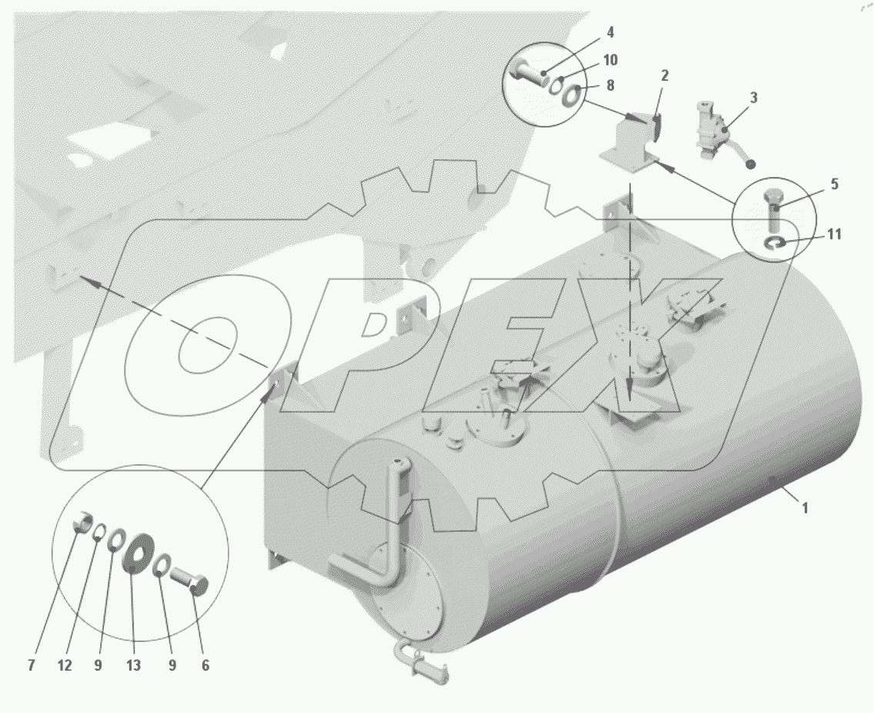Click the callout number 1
tap(804, 508)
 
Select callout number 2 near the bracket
tap(665, 75)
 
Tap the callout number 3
tap(754, 98)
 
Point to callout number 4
tap(610, 32)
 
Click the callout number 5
tap(835, 184)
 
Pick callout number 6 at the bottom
tap(205, 665)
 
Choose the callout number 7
tap(32, 665)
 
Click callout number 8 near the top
tap(610, 85)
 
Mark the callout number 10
tap(610, 59)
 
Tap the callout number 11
tap(833, 234)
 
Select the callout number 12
tap(65, 665)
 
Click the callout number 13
tap(133, 665)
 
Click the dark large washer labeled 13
tap(138, 553)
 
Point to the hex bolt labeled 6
tap(189, 581)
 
